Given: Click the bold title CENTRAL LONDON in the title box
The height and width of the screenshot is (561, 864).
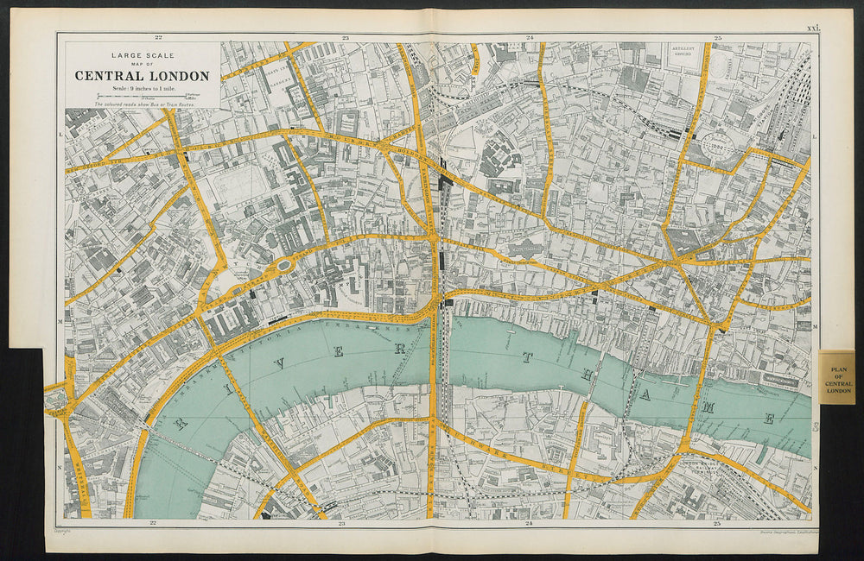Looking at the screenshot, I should (142, 76).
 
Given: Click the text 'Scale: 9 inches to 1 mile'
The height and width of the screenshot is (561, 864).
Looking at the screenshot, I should (143, 88).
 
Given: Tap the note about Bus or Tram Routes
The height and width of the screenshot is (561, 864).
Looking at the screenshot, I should (143, 104).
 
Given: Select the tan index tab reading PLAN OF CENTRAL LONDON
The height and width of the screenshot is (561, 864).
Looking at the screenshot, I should (837, 377).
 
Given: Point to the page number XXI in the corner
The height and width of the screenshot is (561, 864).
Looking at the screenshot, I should (812, 28).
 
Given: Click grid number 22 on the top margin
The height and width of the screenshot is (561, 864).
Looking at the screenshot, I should (158, 37).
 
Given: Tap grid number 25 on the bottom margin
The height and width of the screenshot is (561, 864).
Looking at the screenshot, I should (716, 523).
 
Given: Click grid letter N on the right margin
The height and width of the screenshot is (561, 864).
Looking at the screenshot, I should (816, 467).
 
